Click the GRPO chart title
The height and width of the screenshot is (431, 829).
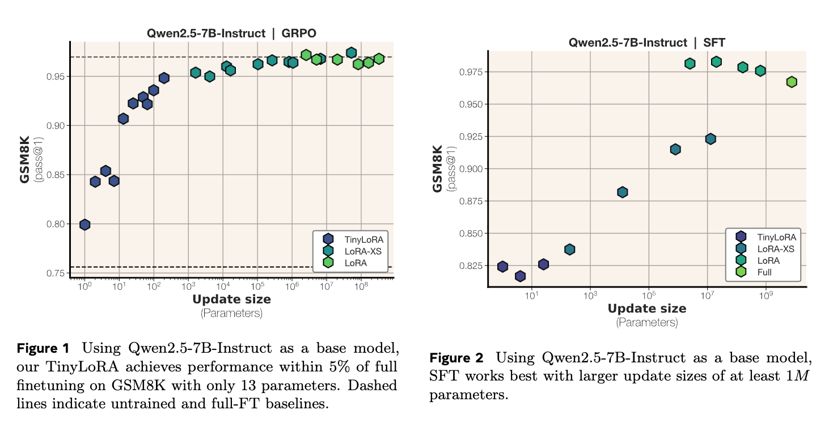[x=231, y=33]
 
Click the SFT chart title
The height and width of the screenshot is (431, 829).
[x=647, y=43]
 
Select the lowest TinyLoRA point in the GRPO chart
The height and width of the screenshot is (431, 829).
[x=84, y=225]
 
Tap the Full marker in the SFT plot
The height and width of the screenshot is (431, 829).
[x=792, y=82]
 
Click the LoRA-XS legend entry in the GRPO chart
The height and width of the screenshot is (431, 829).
[x=363, y=251]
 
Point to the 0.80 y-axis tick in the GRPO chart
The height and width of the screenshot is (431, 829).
[x=55, y=224]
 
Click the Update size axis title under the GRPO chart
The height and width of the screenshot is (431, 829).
[x=231, y=299]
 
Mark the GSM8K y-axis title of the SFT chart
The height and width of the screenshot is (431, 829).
[x=438, y=168]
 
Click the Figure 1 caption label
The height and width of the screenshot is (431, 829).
[x=43, y=348]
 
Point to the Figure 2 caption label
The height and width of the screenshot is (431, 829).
[x=456, y=358]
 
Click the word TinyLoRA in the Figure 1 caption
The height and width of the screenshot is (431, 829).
[x=67, y=366]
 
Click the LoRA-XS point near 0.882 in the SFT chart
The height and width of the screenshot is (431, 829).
[x=622, y=192]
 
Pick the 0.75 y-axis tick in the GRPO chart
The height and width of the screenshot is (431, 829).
[x=55, y=273]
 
